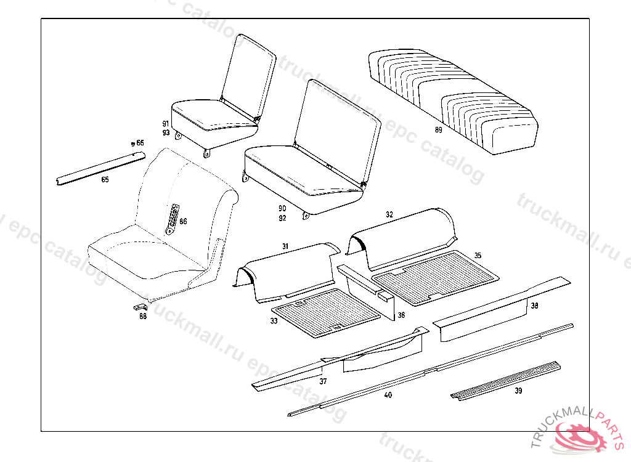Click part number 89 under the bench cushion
tap(438, 130)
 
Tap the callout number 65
tap(105, 180)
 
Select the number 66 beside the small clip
tap(140, 143)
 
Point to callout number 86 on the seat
tap(183, 221)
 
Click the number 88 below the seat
tap(143, 317)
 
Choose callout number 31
tap(285, 246)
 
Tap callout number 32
tap(389, 215)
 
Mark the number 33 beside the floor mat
tap(274, 321)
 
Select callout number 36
tap(401, 315)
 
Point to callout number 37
tap(323, 381)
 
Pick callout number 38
tap(534, 306)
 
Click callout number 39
tap(518, 390)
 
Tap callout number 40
tap(388, 395)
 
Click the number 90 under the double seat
tap(282, 208)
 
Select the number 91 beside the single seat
tap(166, 124)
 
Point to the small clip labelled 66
tap(131, 144)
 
